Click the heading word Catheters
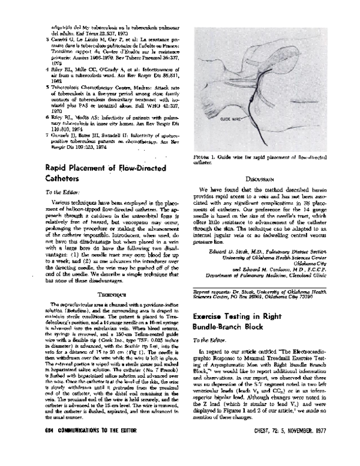pos(67,178)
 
